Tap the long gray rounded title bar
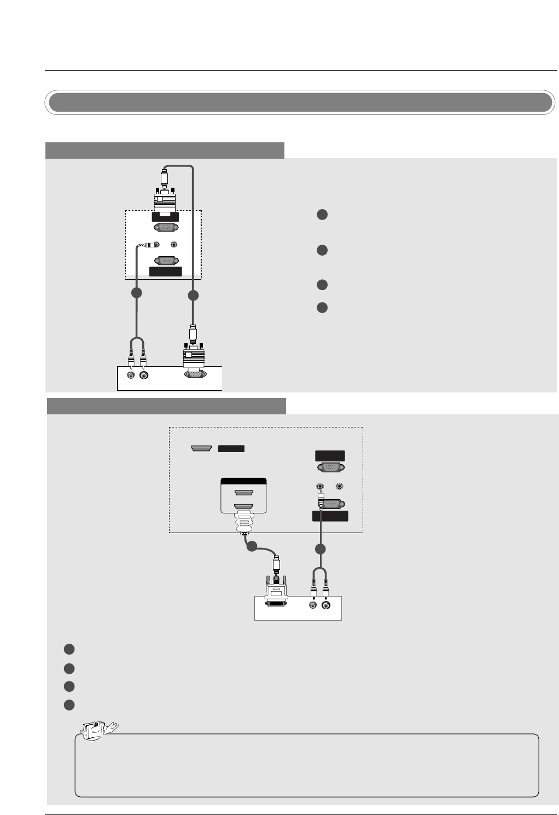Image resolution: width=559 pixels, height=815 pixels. (x=299, y=102)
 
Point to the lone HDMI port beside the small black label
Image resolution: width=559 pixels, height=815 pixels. (x=201, y=449)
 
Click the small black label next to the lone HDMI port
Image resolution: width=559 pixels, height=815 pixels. (x=231, y=449)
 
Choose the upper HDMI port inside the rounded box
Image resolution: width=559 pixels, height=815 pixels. (x=243, y=492)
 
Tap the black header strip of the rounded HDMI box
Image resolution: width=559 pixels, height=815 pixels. (x=243, y=481)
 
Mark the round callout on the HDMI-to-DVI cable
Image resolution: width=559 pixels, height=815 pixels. (x=251, y=546)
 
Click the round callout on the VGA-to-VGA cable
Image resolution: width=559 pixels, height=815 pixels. (x=193, y=296)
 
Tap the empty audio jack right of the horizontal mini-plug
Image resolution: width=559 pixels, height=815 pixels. (x=174, y=245)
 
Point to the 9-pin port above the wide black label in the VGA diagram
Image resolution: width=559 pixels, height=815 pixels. (x=166, y=261)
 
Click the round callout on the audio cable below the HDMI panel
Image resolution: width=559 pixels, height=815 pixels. (x=321, y=548)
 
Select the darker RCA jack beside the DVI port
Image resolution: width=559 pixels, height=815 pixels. (x=326, y=605)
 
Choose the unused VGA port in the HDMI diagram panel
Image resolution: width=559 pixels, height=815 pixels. (x=330, y=467)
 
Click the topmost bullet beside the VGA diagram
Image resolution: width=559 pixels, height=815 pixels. (x=322, y=215)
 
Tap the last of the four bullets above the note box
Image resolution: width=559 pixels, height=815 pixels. (x=69, y=705)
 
